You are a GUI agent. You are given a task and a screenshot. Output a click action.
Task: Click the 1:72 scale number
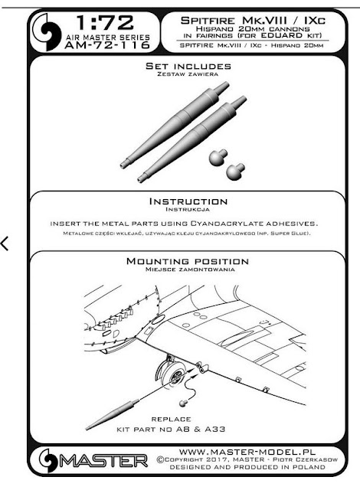(x=105, y=23)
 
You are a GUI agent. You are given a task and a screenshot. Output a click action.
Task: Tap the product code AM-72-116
(x=107, y=45)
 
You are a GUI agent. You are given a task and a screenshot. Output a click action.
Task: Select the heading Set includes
(x=188, y=67)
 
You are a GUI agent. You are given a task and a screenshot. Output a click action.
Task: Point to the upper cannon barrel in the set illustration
(x=175, y=124)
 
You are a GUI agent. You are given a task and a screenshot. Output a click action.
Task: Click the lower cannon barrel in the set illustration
(x=192, y=139)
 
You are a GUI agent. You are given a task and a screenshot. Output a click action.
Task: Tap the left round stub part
(x=218, y=158)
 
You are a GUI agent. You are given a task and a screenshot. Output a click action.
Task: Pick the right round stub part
(x=235, y=171)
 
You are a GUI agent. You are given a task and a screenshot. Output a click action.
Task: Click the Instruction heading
(x=188, y=201)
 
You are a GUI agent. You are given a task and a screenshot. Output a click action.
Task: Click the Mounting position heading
(x=188, y=261)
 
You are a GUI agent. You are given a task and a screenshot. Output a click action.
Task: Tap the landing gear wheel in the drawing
(x=172, y=373)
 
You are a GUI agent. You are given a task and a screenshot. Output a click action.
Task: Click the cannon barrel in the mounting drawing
(x=113, y=414)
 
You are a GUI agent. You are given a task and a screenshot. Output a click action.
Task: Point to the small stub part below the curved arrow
(x=184, y=403)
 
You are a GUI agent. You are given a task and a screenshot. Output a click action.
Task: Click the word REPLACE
(x=171, y=419)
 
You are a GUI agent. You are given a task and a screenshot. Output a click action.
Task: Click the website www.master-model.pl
(x=247, y=452)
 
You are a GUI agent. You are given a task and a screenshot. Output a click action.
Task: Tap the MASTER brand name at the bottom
(x=103, y=461)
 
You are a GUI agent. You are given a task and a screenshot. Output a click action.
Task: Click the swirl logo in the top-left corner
(x=47, y=32)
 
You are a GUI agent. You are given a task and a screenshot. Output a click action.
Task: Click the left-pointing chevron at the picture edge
(x=5, y=243)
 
